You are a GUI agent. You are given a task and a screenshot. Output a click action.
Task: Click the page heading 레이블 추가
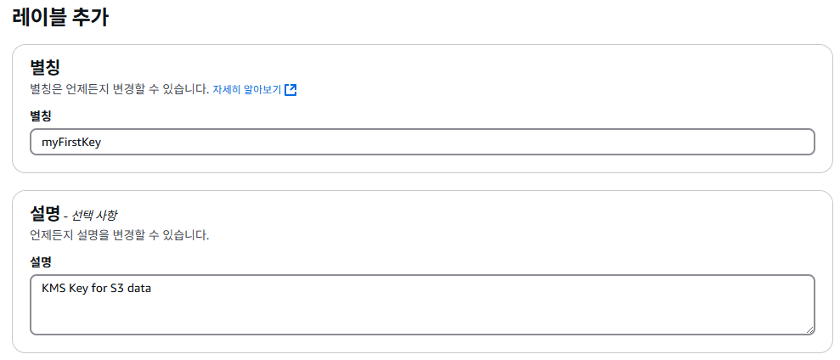click(x=59, y=17)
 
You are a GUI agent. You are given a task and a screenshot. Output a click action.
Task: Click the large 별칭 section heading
click(x=45, y=67)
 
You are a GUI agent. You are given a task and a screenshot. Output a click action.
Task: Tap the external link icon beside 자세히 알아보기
click(x=290, y=89)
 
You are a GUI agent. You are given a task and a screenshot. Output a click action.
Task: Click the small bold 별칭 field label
click(x=41, y=115)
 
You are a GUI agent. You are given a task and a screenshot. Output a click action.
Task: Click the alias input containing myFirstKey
click(x=422, y=142)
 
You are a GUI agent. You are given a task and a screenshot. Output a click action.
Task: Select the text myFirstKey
click(x=71, y=142)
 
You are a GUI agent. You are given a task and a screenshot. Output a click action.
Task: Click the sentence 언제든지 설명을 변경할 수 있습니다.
click(x=119, y=235)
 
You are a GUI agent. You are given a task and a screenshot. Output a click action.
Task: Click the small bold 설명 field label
click(x=41, y=262)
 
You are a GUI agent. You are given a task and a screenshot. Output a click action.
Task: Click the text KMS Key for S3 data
click(x=96, y=288)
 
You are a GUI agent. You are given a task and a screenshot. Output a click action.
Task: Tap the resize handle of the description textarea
click(x=809, y=329)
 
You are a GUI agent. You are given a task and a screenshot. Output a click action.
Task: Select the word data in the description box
click(x=139, y=288)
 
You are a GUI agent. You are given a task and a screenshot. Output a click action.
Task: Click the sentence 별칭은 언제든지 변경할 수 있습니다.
click(x=119, y=89)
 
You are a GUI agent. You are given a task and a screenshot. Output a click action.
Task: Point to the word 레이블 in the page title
click(x=38, y=17)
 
